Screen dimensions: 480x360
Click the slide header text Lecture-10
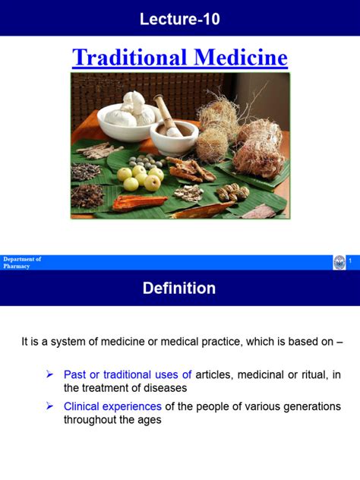180,20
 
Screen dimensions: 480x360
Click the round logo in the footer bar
339,263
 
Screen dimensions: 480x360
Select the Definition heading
180,289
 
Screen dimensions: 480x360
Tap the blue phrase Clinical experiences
112,406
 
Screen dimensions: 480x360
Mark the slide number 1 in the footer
352,262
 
